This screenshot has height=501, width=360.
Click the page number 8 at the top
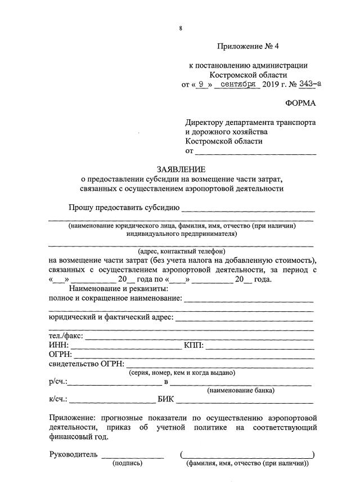[x=181, y=28]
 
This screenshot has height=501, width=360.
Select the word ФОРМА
[x=301, y=103]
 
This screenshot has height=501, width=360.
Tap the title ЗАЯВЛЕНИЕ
[x=181, y=169]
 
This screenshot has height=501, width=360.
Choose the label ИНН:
[x=58, y=345]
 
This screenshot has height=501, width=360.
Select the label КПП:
[x=193, y=345]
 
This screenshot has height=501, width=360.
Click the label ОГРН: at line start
[x=61, y=354]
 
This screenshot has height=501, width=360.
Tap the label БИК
[x=166, y=400]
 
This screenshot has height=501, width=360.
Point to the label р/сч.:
[x=58, y=382]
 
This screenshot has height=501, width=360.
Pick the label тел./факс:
[x=66, y=336]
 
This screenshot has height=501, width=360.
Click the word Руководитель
[x=73, y=454]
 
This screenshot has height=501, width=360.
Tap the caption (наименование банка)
[x=241, y=390]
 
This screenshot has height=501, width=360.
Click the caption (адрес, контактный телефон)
[x=181, y=251]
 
